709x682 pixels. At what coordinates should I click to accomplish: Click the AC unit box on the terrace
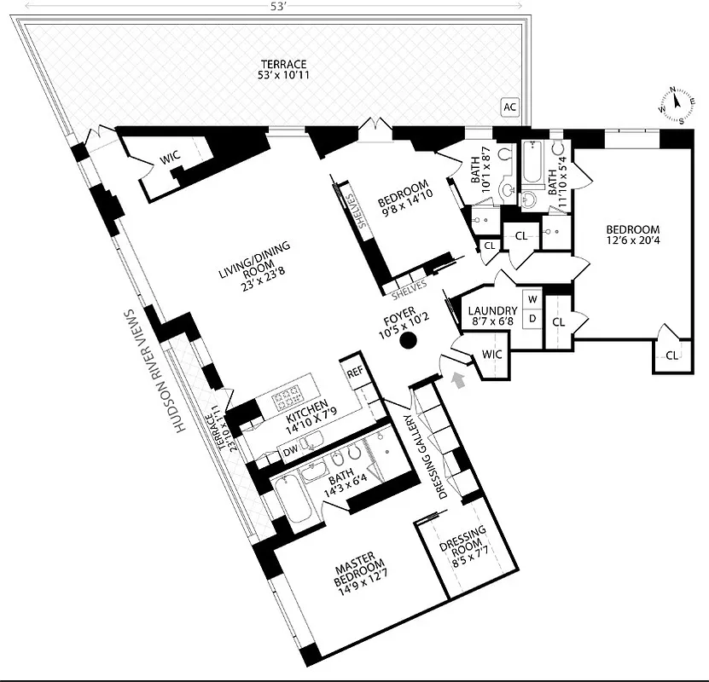coord(509,107)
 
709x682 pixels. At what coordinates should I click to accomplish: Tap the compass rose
coord(674,103)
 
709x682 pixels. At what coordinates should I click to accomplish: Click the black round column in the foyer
coord(409,341)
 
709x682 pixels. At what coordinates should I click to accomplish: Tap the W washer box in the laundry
coord(532,299)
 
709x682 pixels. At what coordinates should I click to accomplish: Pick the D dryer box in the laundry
coord(532,318)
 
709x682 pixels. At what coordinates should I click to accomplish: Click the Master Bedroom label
coord(355,578)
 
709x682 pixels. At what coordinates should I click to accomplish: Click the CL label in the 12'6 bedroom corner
coord(671,355)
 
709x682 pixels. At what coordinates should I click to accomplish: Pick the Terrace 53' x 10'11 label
coord(284,72)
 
